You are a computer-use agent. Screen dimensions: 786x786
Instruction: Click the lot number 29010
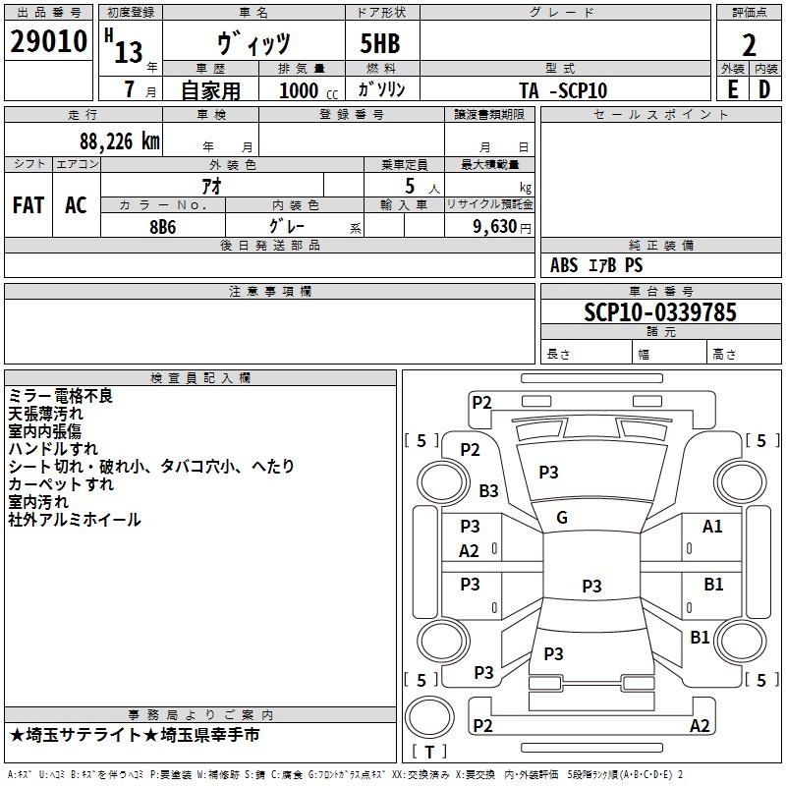click(48, 41)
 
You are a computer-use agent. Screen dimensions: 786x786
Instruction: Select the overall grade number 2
click(749, 45)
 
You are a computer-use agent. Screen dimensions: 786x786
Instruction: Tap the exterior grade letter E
click(733, 89)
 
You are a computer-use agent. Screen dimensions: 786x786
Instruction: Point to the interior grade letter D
click(764, 89)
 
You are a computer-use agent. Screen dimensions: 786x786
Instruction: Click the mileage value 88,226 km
click(120, 141)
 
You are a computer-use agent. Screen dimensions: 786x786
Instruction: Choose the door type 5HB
click(380, 43)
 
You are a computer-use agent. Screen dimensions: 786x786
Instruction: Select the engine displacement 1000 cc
click(309, 90)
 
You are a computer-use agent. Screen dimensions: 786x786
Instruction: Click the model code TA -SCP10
click(563, 90)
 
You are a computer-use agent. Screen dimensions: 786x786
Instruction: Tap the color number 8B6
click(163, 227)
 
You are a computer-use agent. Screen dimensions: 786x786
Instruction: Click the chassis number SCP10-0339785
click(660, 311)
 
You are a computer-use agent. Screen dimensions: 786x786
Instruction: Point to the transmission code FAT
click(28, 205)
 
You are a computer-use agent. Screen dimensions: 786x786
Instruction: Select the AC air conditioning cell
click(77, 205)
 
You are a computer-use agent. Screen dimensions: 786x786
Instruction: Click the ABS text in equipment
click(564, 265)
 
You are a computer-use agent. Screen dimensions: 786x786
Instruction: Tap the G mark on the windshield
click(562, 518)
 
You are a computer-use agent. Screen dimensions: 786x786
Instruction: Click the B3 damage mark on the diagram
click(488, 490)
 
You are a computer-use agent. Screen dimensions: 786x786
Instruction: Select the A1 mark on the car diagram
click(712, 527)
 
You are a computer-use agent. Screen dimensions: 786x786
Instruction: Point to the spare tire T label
click(429, 752)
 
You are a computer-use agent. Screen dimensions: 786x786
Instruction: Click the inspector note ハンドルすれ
click(53, 449)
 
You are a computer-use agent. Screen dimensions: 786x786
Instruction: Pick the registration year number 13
click(129, 52)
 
